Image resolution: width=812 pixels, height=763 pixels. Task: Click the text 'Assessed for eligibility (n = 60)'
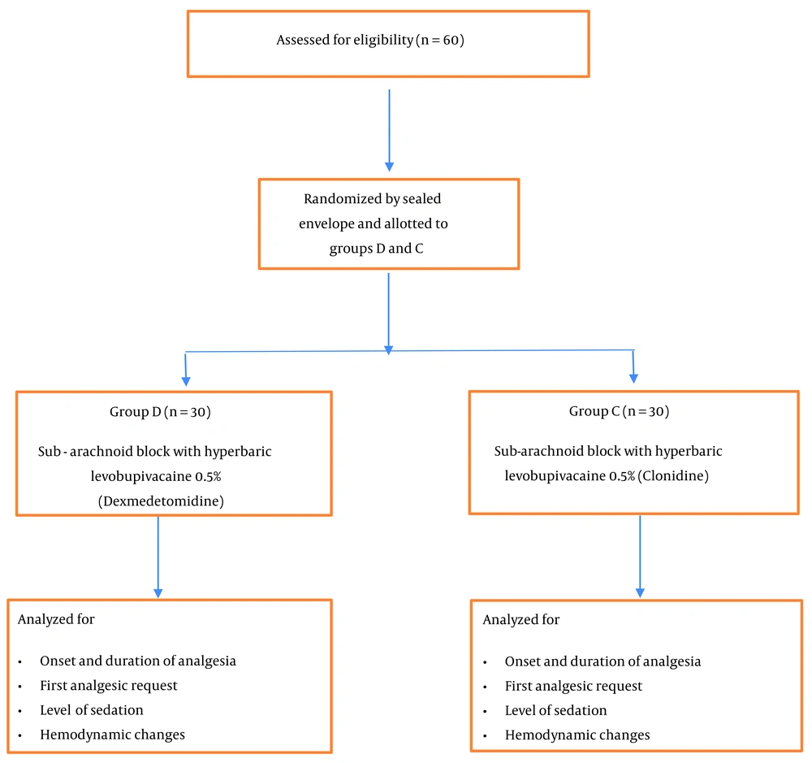(x=370, y=40)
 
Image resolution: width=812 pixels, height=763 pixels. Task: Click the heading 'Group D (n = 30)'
(x=160, y=411)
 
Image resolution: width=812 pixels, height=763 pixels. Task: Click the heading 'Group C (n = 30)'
(x=619, y=411)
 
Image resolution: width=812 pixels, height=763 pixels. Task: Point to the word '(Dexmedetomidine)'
(x=161, y=501)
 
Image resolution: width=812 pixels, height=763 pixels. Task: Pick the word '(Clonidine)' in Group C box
(x=672, y=476)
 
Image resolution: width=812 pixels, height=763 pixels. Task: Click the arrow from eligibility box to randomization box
(x=390, y=130)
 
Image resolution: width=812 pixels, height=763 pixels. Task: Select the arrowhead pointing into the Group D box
(x=186, y=381)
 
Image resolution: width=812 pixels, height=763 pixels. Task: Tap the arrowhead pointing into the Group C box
(x=633, y=379)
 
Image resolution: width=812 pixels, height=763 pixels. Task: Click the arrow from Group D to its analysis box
(x=158, y=557)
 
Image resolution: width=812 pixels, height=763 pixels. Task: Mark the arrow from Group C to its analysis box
(x=640, y=557)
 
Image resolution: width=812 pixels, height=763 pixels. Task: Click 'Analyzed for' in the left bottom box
(x=56, y=619)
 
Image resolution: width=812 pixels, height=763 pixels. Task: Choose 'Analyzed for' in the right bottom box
(x=521, y=620)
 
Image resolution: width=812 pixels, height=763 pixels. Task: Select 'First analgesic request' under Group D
(x=109, y=686)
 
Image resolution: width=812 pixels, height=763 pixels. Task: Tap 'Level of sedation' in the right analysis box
(x=555, y=711)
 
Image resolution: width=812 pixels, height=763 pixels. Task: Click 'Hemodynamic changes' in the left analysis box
(x=112, y=735)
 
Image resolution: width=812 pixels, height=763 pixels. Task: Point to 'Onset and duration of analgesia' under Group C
(x=603, y=661)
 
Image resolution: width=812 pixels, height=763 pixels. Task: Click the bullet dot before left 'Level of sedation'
(x=19, y=711)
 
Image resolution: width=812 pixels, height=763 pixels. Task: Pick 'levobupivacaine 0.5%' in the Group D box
(x=156, y=476)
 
